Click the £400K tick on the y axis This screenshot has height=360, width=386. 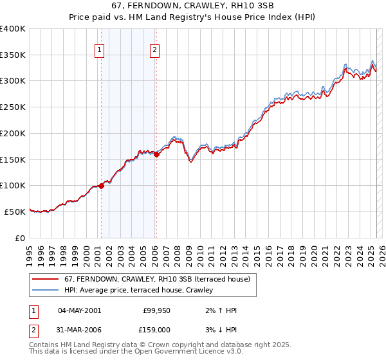13,29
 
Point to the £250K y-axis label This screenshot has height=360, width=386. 13,107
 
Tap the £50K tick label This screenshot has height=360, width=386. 15,212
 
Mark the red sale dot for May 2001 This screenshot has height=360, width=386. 101,186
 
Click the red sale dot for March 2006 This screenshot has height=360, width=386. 156,154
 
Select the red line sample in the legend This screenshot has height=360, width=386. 46,280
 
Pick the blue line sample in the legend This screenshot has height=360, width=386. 46,291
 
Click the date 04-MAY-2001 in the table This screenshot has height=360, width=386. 79,310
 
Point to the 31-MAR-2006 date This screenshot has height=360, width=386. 80,330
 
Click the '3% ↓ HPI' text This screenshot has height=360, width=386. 220,330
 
